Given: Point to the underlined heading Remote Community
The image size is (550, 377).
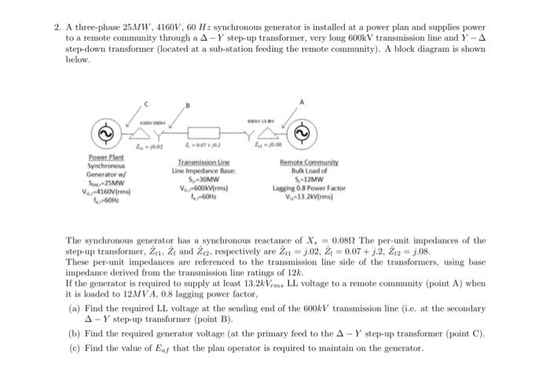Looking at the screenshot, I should tap(308, 162).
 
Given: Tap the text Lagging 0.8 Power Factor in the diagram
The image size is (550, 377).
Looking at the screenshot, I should tap(308, 188).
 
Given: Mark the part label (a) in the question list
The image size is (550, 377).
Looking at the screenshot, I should tap(75, 311).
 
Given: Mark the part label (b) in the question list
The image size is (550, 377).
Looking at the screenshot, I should tap(75, 334).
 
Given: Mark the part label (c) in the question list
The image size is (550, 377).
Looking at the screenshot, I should tap(75, 348).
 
